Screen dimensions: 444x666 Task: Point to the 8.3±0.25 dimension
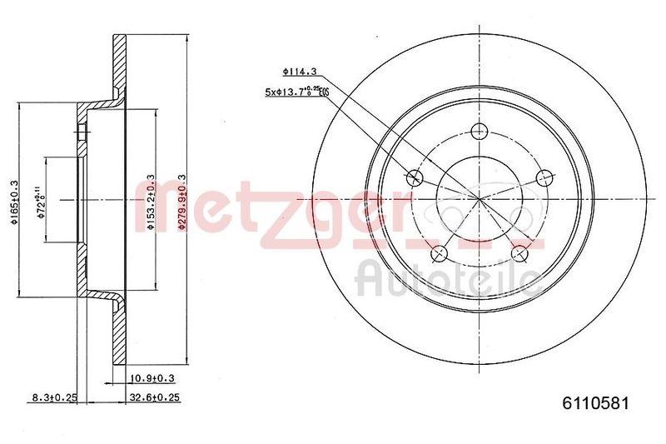pos(54,397)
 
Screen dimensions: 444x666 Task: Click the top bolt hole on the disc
pos(479,131)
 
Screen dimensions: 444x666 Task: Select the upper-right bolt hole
pos(544,177)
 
